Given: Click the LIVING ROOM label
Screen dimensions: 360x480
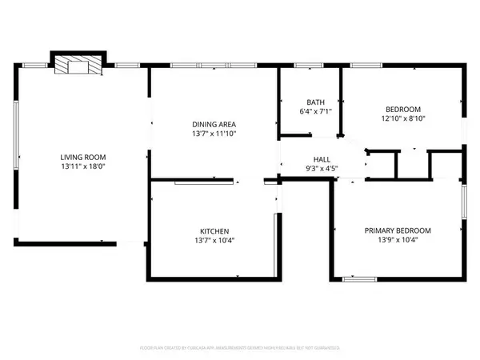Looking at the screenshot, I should [x=83, y=157].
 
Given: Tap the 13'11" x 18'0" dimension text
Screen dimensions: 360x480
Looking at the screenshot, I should [x=83, y=168].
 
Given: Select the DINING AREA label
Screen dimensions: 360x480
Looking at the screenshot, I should [x=214, y=124].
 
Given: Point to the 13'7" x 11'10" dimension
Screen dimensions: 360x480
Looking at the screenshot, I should [x=214, y=135].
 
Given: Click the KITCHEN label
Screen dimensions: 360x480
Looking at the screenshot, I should [x=213, y=229].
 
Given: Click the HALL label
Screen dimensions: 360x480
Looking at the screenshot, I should [x=322, y=159].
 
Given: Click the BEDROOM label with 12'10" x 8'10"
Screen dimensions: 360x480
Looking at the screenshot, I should [x=402, y=108].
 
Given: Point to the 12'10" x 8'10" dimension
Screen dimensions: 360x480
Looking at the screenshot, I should [x=402, y=118].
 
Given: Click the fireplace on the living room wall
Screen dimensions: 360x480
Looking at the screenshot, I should [x=78, y=66].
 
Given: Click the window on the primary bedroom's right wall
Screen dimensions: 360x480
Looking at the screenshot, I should [x=463, y=204].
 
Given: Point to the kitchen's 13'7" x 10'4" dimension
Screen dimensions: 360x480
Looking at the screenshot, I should [x=213, y=240].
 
